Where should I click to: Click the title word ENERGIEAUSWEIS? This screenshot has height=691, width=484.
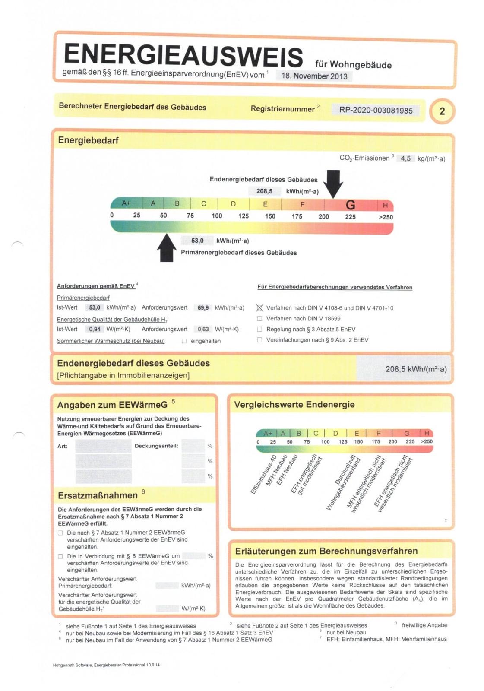[183, 55]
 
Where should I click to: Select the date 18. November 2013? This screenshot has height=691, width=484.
[314, 76]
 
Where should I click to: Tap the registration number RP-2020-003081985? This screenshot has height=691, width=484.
[375, 110]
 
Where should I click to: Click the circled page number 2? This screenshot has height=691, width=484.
[442, 111]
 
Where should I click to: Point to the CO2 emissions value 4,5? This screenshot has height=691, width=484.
[405, 158]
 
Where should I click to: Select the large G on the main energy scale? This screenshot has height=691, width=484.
[350, 205]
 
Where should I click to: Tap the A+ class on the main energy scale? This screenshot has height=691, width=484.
[126, 203]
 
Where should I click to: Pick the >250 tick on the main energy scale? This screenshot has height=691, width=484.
[386, 217]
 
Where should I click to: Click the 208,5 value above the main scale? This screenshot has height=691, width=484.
[264, 191]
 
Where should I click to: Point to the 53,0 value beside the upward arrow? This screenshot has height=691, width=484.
[197, 241]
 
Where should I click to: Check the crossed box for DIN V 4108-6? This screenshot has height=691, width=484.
[259, 308]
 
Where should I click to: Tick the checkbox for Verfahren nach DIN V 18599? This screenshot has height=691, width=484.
[259, 319]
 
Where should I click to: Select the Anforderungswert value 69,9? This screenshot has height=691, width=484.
[203, 308]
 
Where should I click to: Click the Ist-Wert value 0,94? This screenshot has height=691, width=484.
[95, 329]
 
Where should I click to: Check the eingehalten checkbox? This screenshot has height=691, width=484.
[184, 341]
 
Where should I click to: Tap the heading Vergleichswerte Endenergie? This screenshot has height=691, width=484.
[294, 405]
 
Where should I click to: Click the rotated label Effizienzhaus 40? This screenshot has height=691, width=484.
[263, 475]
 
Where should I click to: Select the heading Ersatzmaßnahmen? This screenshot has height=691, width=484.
[98, 495]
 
